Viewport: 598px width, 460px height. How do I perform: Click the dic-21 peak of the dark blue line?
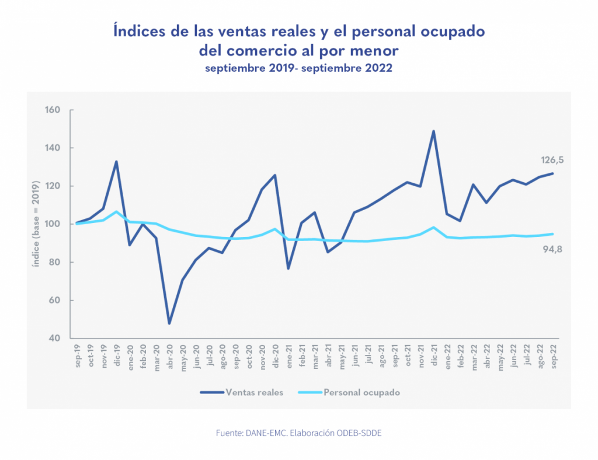click(433, 131)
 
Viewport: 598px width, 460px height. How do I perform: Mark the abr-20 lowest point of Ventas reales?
click(169, 323)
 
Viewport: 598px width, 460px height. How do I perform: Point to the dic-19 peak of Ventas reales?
click(116, 162)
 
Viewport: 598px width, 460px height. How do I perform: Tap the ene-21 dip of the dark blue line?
click(288, 269)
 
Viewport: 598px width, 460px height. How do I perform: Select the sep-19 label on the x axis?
click(78, 357)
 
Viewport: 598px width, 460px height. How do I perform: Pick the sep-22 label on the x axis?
click(552, 357)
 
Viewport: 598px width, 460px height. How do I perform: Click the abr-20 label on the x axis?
click(170, 357)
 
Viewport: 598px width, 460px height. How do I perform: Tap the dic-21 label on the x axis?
click(434, 357)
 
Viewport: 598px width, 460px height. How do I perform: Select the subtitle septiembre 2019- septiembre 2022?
click(298, 68)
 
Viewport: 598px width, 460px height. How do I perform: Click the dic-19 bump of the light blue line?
click(116, 211)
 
